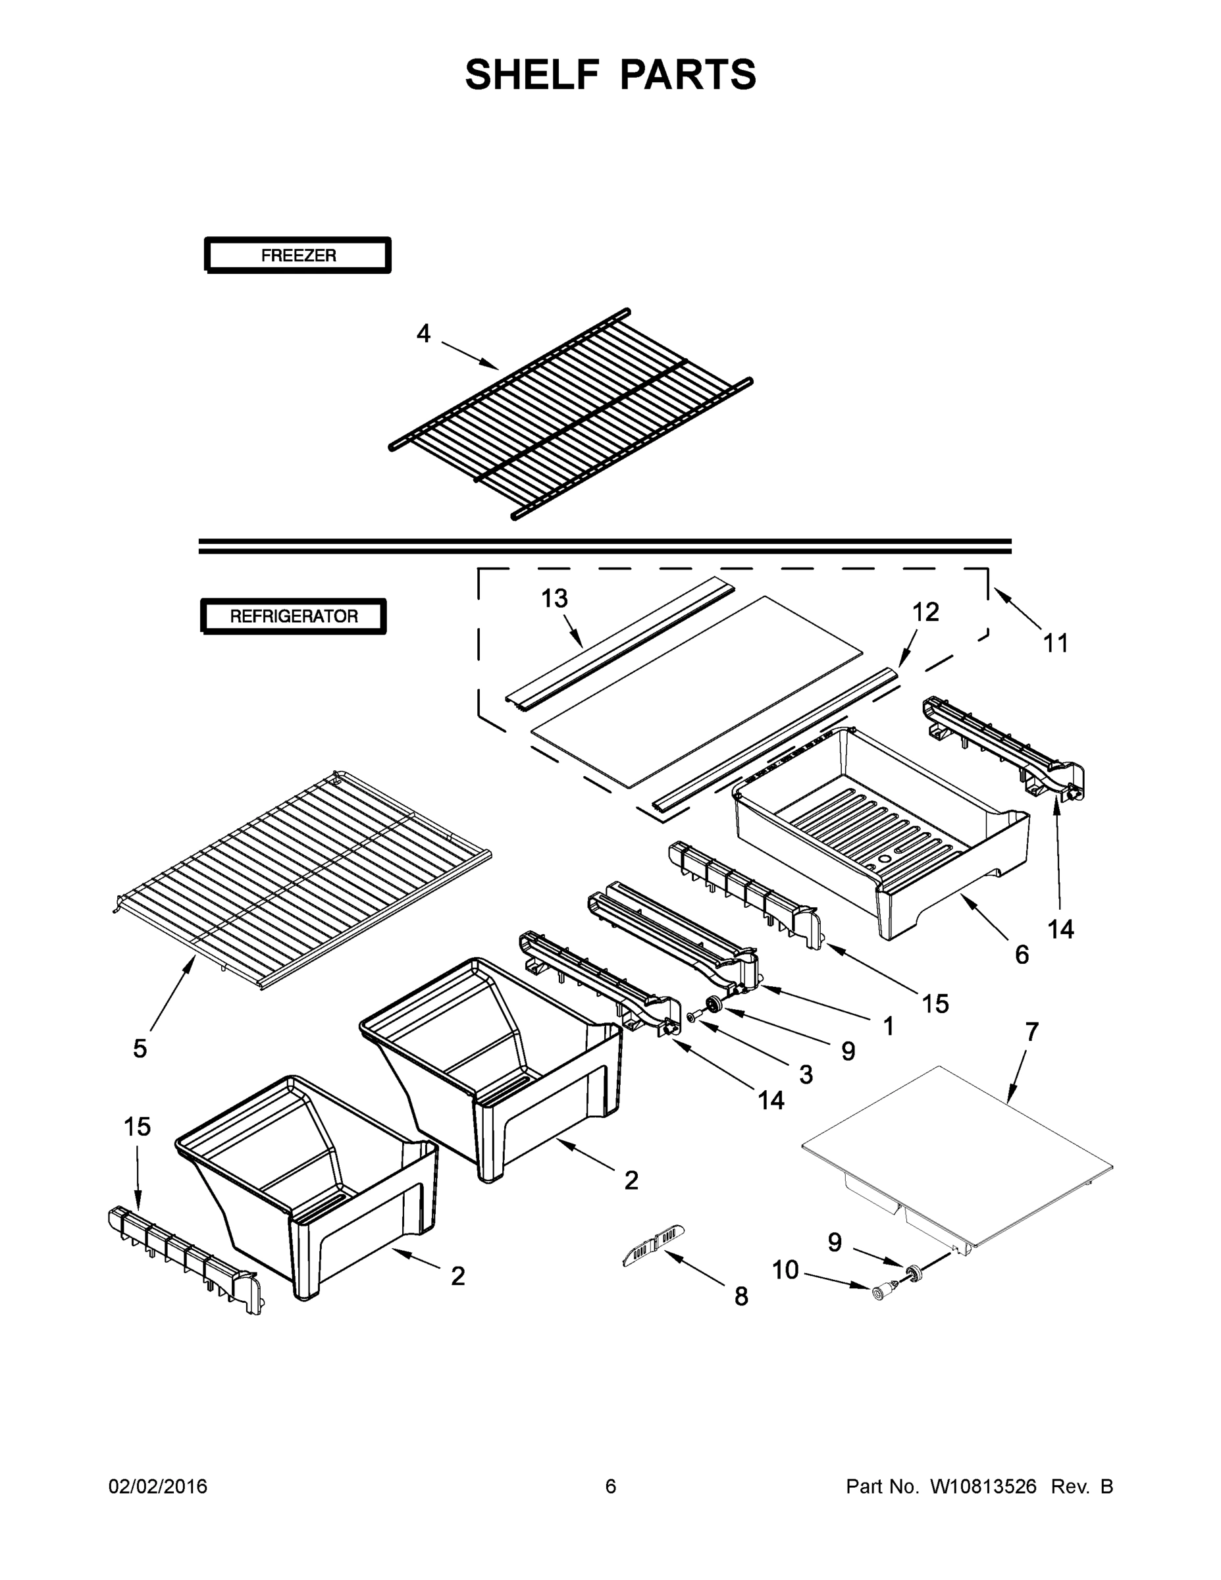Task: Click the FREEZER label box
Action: point(298,255)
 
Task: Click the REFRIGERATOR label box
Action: point(294,616)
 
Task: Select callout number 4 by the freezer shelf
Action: point(423,334)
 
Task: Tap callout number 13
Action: point(555,599)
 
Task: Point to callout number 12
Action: point(925,612)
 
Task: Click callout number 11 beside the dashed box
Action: point(1055,643)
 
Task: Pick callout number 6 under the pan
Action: point(1022,955)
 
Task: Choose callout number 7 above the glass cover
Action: point(1031,1032)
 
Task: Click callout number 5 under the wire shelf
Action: point(140,1049)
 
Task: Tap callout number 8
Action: point(740,1297)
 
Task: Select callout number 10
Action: point(785,1270)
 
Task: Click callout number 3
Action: point(806,1075)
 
